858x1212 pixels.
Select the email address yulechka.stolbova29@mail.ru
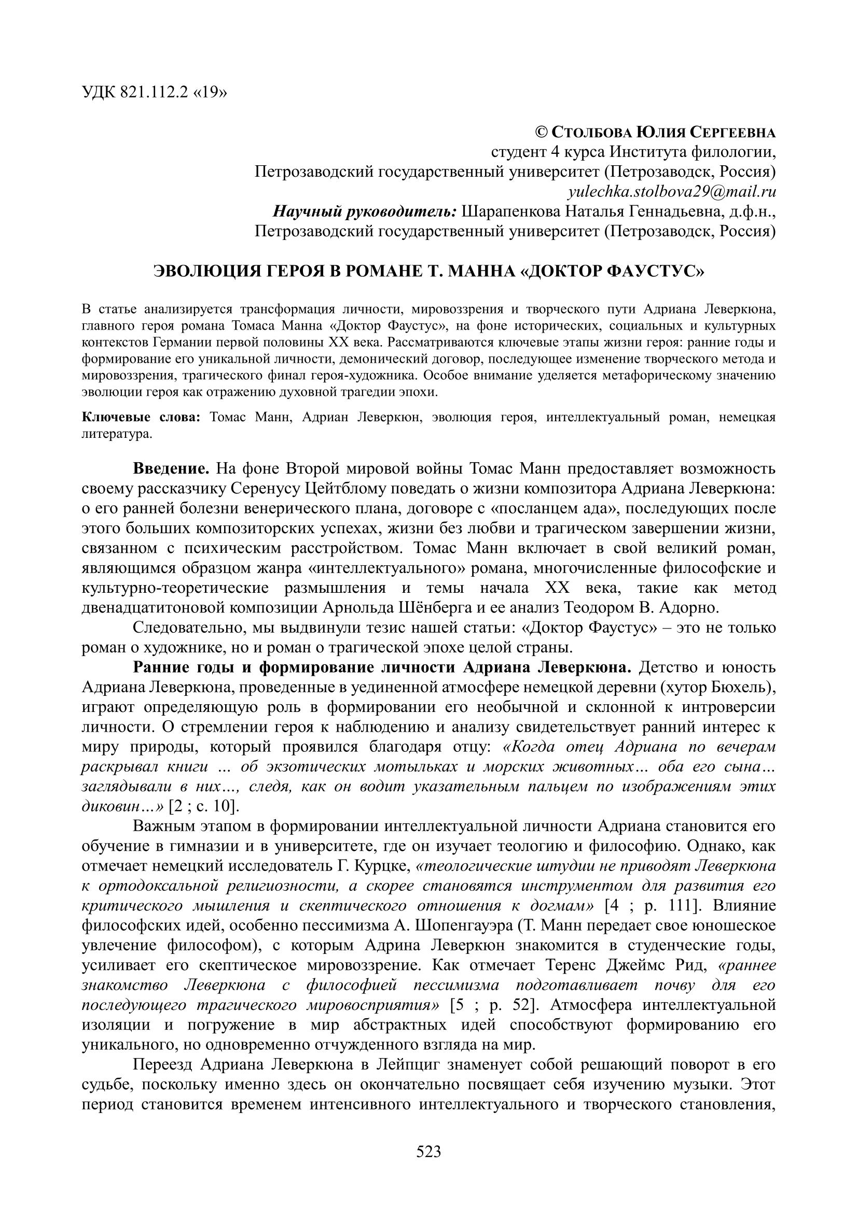coord(672,192)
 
